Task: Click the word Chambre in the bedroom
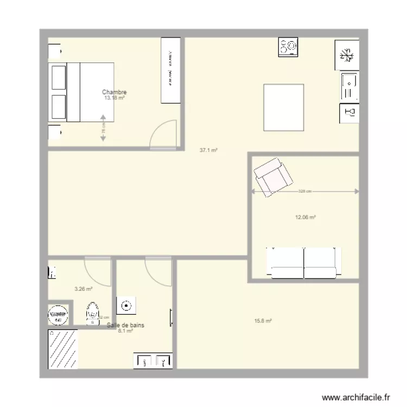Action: [x=114, y=92]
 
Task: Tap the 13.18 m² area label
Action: [x=115, y=98]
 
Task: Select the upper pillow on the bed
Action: [x=58, y=76]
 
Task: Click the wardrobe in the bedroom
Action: [x=171, y=70]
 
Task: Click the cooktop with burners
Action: [x=288, y=47]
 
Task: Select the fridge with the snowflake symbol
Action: [x=346, y=55]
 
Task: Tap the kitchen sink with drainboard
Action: [x=349, y=87]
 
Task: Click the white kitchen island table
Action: [x=283, y=107]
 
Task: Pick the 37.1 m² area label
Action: [x=208, y=150]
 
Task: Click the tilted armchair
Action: [x=274, y=177]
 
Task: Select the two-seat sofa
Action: [x=304, y=263]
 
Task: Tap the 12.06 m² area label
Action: [x=305, y=217]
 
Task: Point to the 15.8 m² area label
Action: [x=263, y=321]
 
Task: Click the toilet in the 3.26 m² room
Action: [x=92, y=313]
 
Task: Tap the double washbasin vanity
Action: [x=153, y=361]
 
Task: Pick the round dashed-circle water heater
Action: [x=58, y=314]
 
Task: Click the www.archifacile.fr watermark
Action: [x=356, y=397]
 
